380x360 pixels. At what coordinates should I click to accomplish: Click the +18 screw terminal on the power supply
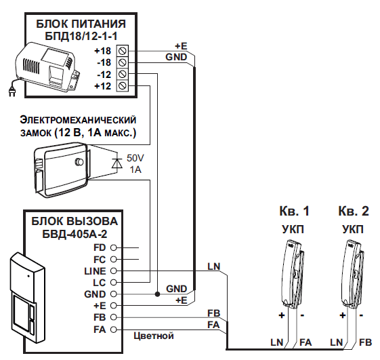pyautogui.click(x=123, y=51)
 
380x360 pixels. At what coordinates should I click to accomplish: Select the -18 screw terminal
pyautogui.click(x=123, y=62)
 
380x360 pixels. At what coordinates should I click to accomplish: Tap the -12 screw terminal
pyautogui.click(x=123, y=74)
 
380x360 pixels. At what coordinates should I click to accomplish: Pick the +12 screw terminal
pyautogui.click(x=123, y=85)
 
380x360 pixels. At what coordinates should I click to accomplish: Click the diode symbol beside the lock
pyautogui.click(x=117, y=163)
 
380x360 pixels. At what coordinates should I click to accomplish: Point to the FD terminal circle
pyautogui.click(x=113, y=247)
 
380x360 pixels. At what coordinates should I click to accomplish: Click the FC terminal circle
pyautogui.click(x=113, y=260)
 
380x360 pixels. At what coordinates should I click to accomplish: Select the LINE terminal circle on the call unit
pyautogui.click(x=113, y=271)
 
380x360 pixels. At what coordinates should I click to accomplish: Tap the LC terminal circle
pyautogui.click(x=113, y=282)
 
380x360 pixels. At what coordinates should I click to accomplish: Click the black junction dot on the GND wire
pyautogui.click(x=158, y=294)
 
